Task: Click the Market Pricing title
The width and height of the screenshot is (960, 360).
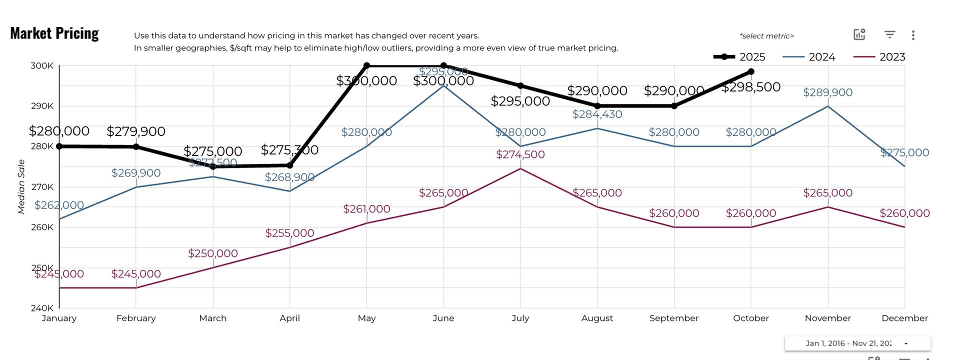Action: (x=54, y=33)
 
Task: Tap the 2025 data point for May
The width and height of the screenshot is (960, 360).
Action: (x=366, y=65)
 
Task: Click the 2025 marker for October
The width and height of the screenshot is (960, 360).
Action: (x=751, y=72)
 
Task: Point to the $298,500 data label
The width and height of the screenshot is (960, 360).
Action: (x=751, y=87)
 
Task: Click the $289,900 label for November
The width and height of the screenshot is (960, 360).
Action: (x=827, y=92)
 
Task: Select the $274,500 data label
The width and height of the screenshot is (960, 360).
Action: (x=520, y=154)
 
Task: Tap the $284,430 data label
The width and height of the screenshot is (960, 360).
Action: (x=597, y=114)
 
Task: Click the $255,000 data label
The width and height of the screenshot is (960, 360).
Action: (x=289, y=233)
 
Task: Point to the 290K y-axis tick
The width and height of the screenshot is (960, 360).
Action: (x=42, y=106)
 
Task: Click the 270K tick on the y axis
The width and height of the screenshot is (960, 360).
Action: (x=42, y=187)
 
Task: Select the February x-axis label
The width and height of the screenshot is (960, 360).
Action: (x=136, y=318)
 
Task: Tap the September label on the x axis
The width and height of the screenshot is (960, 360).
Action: (x=673, y=318)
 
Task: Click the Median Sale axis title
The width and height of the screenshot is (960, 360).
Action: (x=21, y=186)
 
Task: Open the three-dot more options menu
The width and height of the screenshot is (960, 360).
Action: (x=913, y=35)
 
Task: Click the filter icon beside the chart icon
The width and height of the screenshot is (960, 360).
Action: (x=889, y=34)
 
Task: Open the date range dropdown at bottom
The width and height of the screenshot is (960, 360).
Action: (x=857, y=343)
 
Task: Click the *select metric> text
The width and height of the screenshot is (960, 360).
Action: (x=766, y=36)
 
